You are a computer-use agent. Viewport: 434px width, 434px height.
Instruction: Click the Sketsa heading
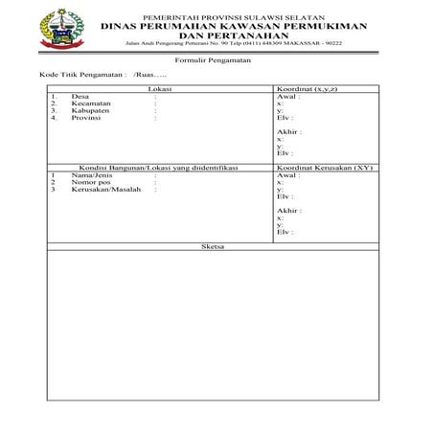(214, 246)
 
